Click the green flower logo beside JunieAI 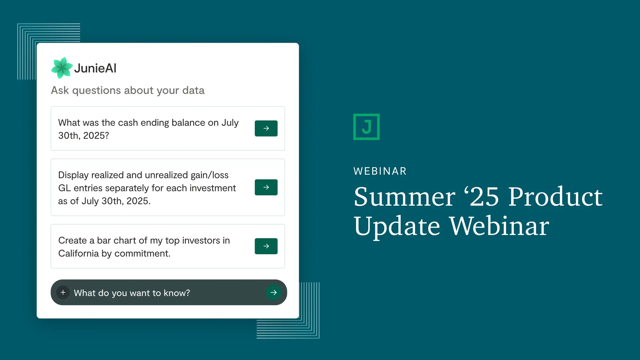coord(62,68)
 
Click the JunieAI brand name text coord(95,68)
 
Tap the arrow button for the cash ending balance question coord(266,128)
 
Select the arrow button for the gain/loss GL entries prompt coord(266,187)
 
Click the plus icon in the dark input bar coord(63,292)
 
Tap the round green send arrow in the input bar coord(274,292)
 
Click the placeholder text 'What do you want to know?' coord(132,293)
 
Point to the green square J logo coord(366,127)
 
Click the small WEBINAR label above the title coord(380,171)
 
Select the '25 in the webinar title coord(481,196)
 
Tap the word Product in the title coord(556,196)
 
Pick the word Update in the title coord(397,227)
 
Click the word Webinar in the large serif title coord(500,226)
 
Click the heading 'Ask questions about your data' coord(128,90)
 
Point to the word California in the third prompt coord(79,253)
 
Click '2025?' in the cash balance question coord(96,136)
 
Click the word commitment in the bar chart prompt coord(142,253)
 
